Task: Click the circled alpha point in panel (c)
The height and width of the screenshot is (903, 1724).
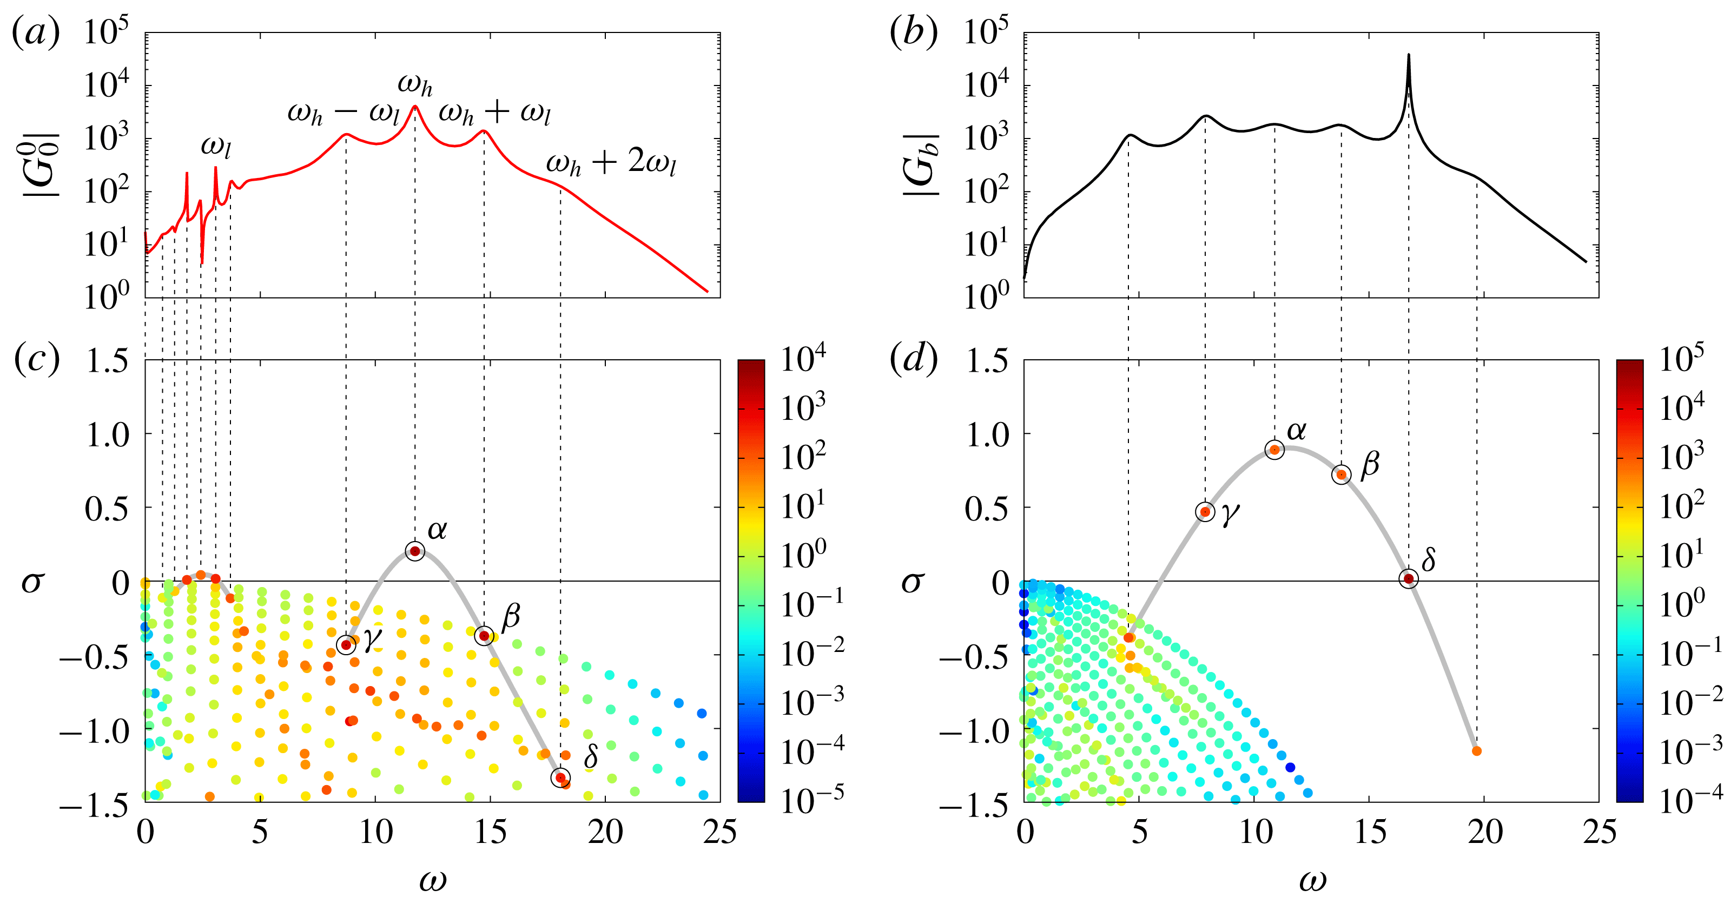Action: pos(415,551)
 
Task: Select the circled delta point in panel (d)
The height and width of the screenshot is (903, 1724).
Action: pos(1408,578)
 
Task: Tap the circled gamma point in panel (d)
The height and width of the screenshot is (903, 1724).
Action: pos(1205,512)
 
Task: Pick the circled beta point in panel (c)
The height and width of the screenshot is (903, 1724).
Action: pos(484,635)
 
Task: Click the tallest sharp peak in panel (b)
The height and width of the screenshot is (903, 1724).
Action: pos(1408,56)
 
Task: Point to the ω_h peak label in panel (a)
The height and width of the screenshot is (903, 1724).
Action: pos(415,85)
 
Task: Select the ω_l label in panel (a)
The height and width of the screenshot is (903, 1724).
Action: pos(215,147)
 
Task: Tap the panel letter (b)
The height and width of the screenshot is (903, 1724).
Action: pos(913,32)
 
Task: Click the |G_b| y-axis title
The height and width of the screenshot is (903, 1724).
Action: pos(920,164)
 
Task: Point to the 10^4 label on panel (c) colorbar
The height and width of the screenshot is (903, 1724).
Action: pos(803,358)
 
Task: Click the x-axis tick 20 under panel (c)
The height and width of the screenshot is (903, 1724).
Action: pos(605,832)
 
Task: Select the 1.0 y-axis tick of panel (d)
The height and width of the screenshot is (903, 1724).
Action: pos(987,435)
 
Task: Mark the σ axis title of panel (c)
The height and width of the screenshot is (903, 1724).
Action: pos(32,582)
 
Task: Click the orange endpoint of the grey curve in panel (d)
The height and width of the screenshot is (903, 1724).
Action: pos(1476,751)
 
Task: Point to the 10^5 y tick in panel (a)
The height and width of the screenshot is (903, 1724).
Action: pos(105,32)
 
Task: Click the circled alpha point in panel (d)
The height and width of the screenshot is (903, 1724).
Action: pos(1274,450)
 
